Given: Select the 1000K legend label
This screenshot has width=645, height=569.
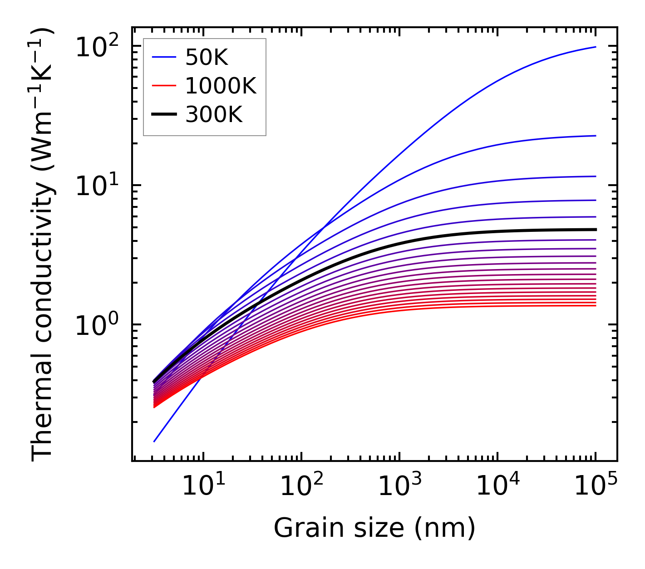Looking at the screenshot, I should [221, 86].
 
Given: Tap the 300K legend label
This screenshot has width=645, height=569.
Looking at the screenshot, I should [214, 115].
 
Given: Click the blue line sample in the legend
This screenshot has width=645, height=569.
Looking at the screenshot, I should [163, 57].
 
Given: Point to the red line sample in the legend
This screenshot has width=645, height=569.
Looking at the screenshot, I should [163, 86].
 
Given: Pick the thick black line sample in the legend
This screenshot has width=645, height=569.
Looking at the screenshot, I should [163, 115].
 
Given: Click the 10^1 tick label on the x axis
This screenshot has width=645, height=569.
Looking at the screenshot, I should [203, 486].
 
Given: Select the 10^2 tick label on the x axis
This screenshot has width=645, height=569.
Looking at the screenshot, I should [301, 486].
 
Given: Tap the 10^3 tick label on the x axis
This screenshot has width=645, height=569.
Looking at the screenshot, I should [399, 486].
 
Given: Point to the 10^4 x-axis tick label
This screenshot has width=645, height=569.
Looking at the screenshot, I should [497, 486].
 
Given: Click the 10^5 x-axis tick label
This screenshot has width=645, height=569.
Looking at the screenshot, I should [595, 486].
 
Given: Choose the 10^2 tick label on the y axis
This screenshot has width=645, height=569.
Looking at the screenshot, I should [96, 47].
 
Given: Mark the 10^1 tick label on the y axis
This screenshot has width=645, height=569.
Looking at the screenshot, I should [96, 186].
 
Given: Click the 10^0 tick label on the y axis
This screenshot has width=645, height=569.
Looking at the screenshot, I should [96, 326].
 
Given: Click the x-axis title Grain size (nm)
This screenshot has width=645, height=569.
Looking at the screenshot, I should [374, 528].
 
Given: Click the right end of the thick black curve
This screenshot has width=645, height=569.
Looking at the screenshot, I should [595, 230].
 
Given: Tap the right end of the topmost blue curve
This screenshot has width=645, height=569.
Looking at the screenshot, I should [595, 47].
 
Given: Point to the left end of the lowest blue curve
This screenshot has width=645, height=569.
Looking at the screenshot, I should [154, 441].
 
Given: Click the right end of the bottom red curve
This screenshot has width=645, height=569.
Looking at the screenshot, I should [595, 305].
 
